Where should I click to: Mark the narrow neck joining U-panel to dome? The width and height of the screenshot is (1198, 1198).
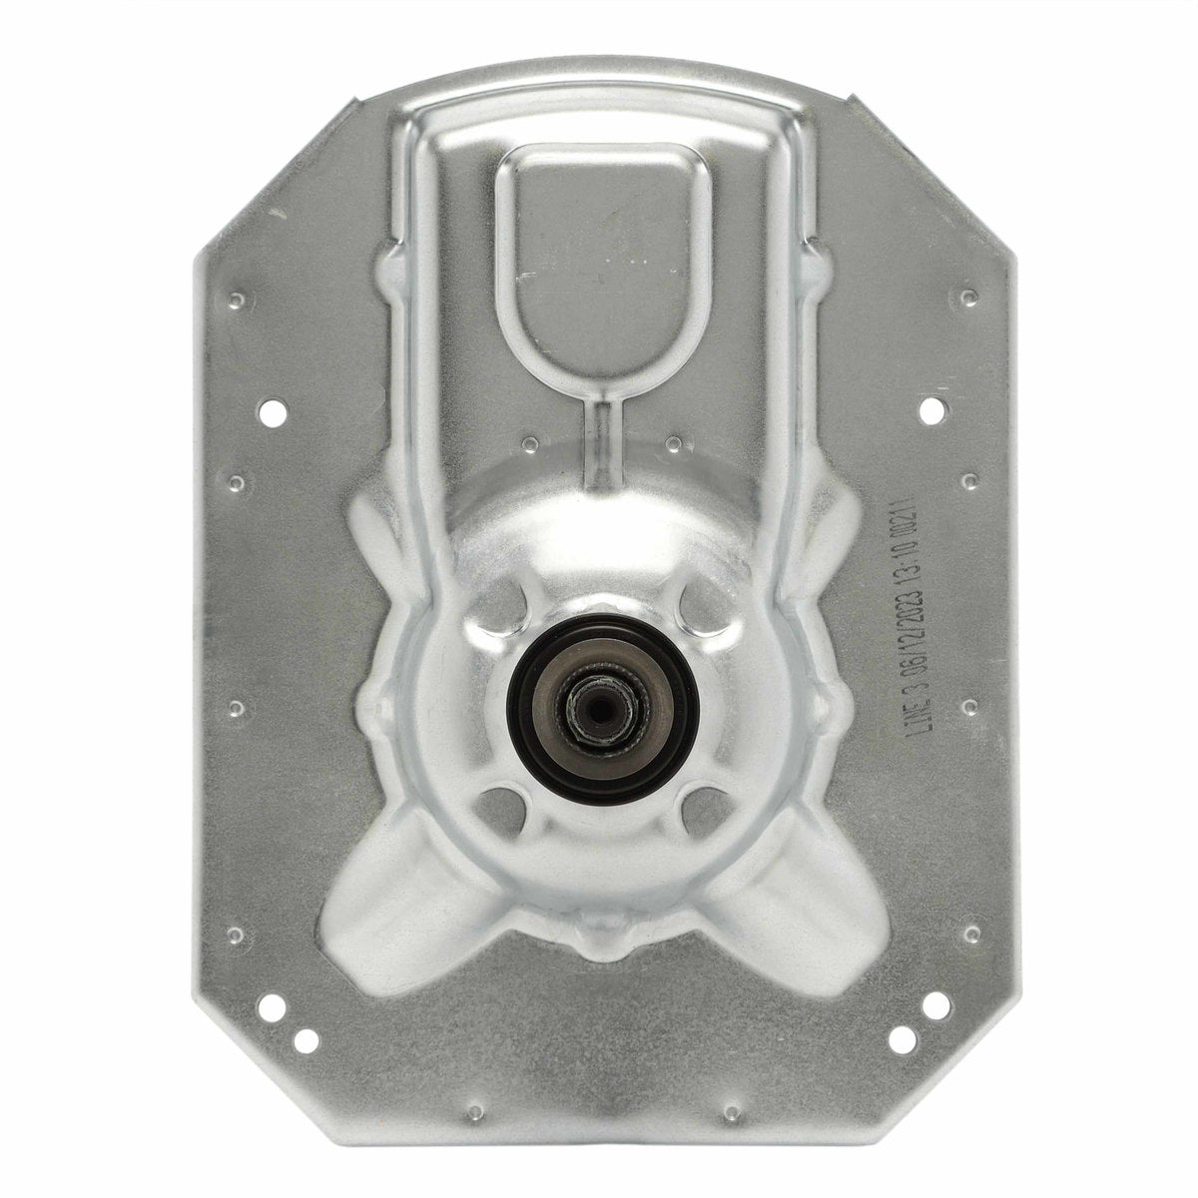[601, 439]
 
